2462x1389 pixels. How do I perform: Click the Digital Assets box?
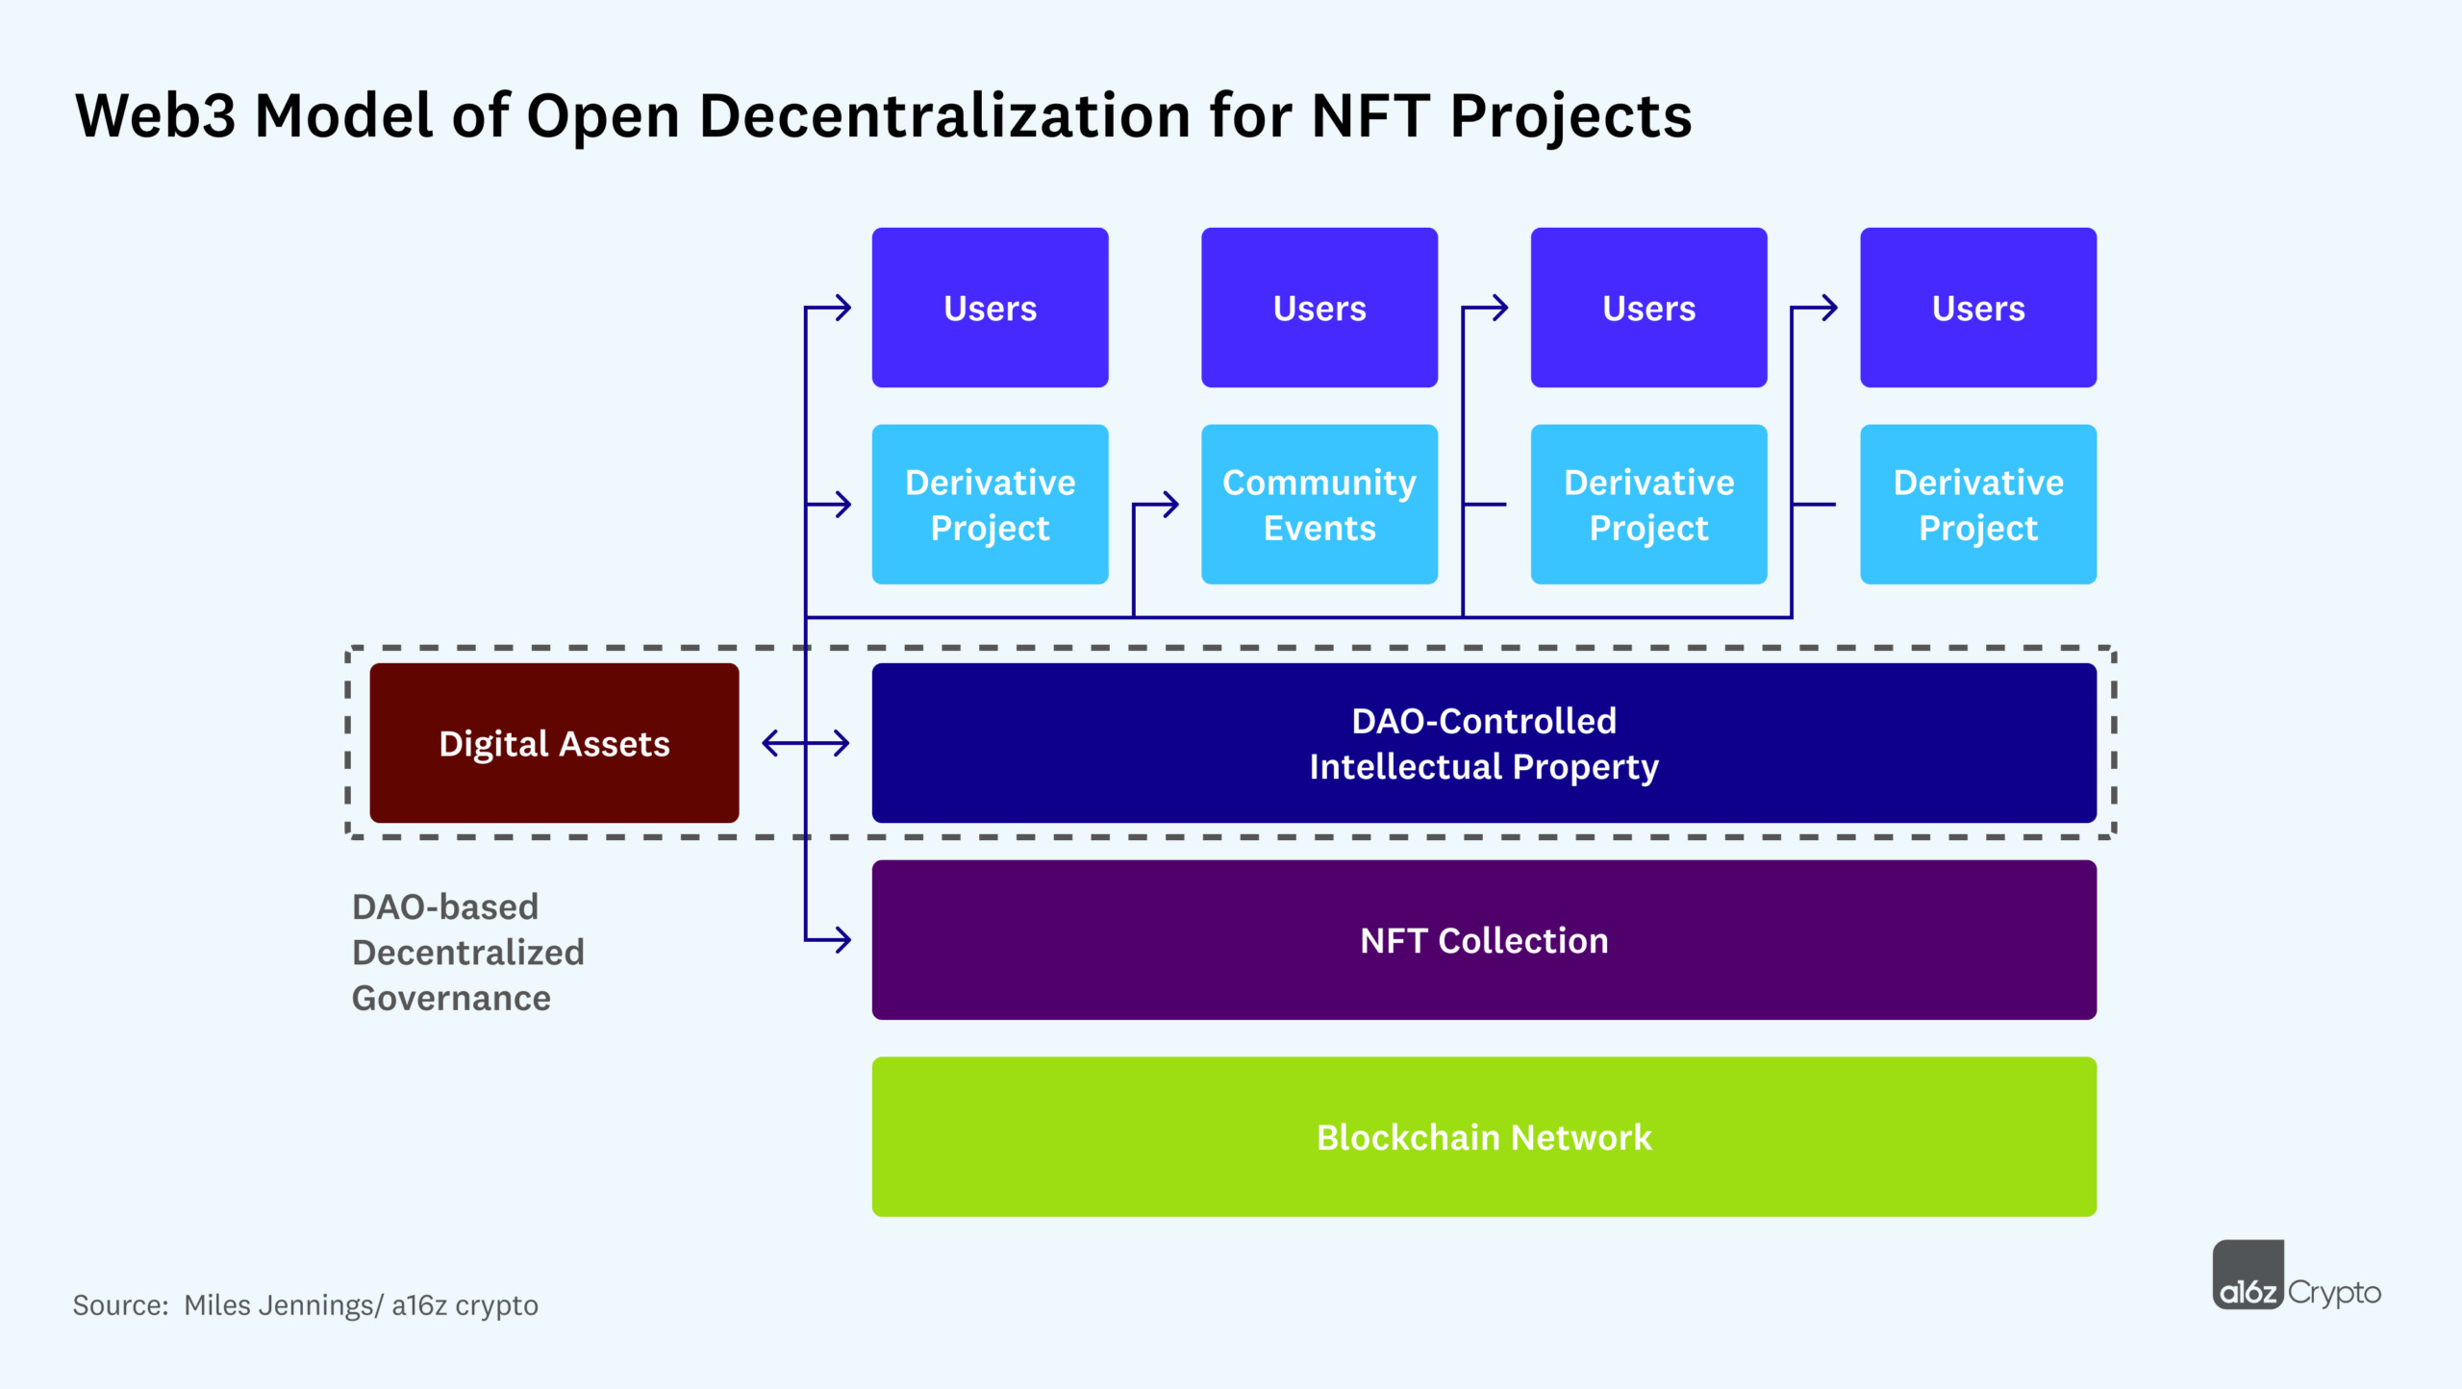pyautogui.click(x=554, y=743)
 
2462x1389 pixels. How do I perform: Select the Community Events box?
pyautogui.click(x=1319, y=504)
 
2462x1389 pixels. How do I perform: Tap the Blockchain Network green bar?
pyautogui.click(x=1483, y=1136)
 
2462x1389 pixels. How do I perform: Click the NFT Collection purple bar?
pyautogui.click(x=1483, y=939)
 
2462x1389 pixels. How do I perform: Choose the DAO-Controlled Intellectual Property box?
pyautogui.click(x=1483, y=743)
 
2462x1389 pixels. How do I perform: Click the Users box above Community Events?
pyautogui.click(x=1319, y=308)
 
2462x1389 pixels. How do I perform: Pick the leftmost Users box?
pyautogui.click(x=990, y=308)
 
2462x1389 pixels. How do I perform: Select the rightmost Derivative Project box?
pyautogui.click(x=1977, y=504)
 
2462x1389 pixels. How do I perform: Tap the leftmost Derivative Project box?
pyautogui.click(x=990, y=504)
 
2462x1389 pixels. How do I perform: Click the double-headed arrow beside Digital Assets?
pyautogui.click(x=805, y=743)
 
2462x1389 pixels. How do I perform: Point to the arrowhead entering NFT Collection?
pyautogui.click(x=843, y=939)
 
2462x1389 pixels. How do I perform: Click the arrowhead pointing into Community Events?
pyautogui.click(x=1170, y=504)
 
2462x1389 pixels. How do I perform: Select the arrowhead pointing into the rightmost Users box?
pyautogui.click(x=1829, y=308)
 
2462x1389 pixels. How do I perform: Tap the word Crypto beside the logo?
pyautogui.click(x=2334, y=1292)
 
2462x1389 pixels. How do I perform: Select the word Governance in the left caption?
pyautogui.click(x=451, y=998)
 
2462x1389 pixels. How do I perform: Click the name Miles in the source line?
pyautogui.click(x=213, y=1304)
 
